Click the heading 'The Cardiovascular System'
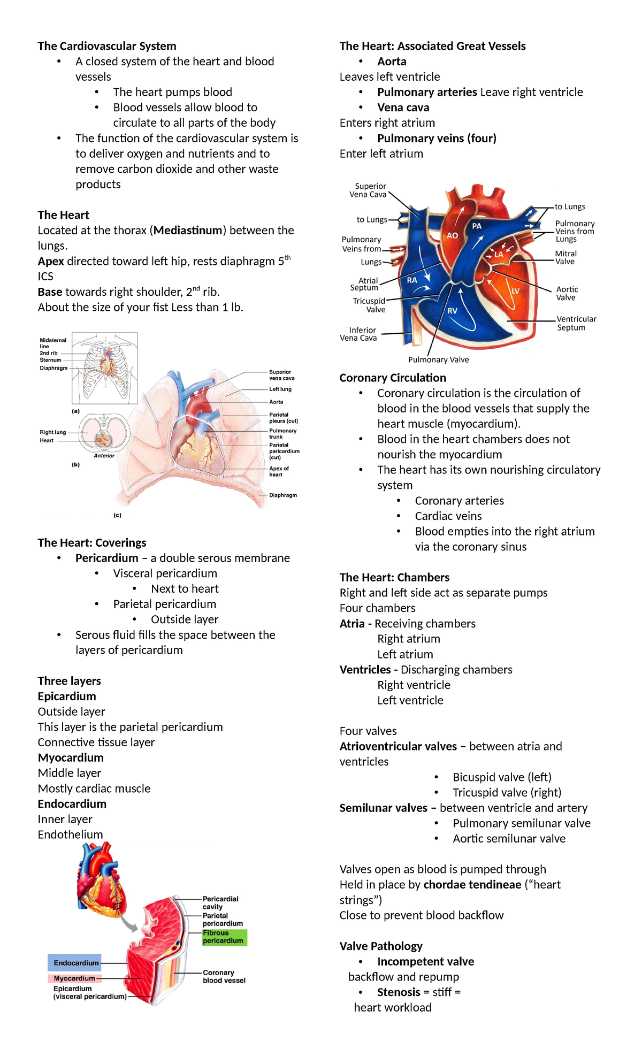tap(107, 46)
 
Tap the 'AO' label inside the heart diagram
tap(452, 235)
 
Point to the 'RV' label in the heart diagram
tap(452, 311)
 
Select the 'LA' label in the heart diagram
tap(499, 255)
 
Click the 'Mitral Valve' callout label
tap(565, 257)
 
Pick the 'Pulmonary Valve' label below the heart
tap(438, 359)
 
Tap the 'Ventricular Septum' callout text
tap(576, 323)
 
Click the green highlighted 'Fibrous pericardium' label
tap(224, 937)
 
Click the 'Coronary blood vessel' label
tap(224, 976)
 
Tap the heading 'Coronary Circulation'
tap(393, 378)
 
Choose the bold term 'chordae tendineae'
tap(472, 884)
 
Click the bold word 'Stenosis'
tap(399, 992)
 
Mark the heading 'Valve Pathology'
tap(381, 946)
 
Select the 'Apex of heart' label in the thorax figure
tap(279, 471)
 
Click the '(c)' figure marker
tap(117, 515)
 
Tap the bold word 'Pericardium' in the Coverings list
tap(107, 558)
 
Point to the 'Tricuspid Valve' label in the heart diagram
tap(369, 305)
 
